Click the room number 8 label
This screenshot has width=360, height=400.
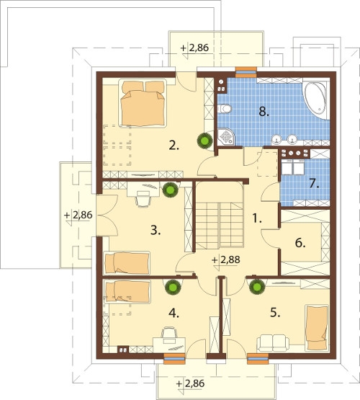click(264, 112)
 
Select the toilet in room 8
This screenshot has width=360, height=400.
click(225, 108)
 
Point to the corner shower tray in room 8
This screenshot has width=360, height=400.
click(227, 137)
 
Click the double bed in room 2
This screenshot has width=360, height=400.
click(143, 103)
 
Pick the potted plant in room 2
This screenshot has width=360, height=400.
click(205, 140)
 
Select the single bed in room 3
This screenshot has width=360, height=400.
click(127, 263)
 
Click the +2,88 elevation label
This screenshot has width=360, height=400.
click(226, 260)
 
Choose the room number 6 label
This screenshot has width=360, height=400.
click(300, 243)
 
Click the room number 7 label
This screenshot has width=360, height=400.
click(314, 184)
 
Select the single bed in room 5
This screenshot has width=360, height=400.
click(318, 328)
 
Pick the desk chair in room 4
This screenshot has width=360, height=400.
click(169, 334)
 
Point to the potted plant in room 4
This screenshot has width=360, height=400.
click(173, 287)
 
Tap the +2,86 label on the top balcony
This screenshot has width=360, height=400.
click(194, 48)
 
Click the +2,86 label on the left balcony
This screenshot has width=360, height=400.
click(78, 215)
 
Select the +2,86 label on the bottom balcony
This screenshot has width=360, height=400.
click(191, 383)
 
